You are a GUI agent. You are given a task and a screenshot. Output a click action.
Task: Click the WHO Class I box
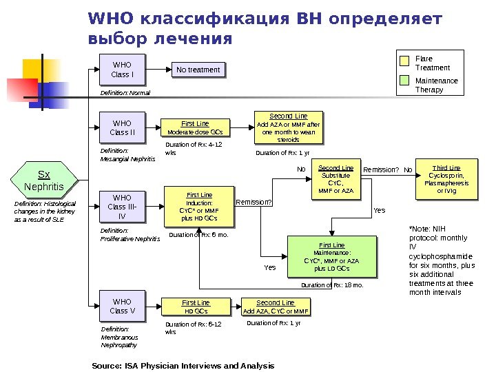point(122,70)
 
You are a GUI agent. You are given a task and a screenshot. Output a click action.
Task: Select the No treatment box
point(198,70)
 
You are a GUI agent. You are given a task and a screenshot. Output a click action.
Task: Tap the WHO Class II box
point(122,128)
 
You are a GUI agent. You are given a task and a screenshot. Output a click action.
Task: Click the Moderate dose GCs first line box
point(195,127)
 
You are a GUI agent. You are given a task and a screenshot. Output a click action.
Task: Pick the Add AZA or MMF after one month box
point(288,127)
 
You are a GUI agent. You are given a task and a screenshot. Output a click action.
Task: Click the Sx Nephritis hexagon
point(43,181)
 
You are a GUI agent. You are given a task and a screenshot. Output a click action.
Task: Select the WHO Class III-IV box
point(122,207)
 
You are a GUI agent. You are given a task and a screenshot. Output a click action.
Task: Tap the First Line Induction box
point(199,207)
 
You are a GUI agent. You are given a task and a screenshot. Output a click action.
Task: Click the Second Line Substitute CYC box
point(335,179)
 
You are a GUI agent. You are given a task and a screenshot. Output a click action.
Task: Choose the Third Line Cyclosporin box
point(446,179)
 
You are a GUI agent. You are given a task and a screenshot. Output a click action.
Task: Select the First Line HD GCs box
point(195,307)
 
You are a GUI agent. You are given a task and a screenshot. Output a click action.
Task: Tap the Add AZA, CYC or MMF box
point(275,307)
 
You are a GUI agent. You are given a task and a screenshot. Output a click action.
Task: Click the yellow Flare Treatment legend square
point(405,60)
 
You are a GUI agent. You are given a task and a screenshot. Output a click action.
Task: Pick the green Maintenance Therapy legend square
point(405,82)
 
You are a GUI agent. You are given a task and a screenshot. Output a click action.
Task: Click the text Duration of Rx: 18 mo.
point(331,285)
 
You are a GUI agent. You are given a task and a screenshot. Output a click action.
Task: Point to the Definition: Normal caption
point(125,92)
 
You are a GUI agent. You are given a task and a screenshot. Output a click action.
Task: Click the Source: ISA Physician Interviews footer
point(183,365)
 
